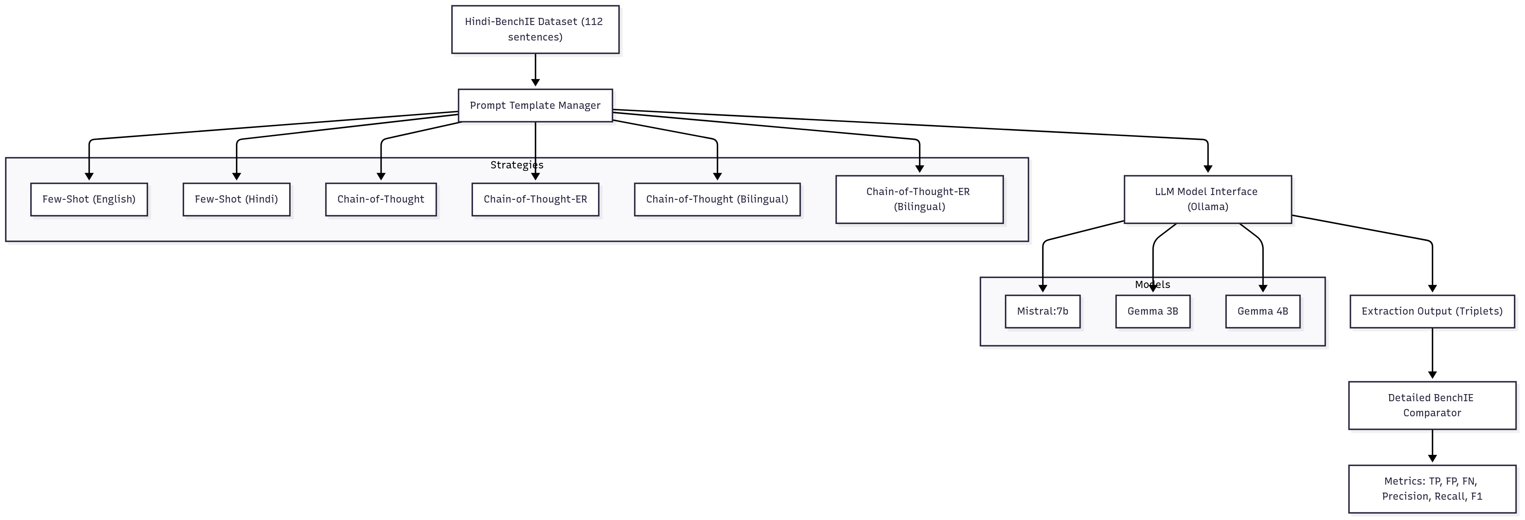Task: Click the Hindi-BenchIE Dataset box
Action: click(535, 30)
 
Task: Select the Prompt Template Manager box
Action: click(535, 105)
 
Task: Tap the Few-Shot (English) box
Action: click(89, 199)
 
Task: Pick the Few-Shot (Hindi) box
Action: click(236, 199)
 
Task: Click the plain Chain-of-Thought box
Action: click(381, 199)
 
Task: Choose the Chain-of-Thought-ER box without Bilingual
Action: click(535, 199)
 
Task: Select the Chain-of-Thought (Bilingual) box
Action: click(717, 199)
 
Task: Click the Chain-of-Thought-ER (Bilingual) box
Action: click(919, 199)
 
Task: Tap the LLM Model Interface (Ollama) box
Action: click(1207, 199)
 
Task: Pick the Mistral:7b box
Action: click(1042, 311)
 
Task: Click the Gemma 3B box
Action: click(1152, 311)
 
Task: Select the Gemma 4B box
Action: click(1262, 311)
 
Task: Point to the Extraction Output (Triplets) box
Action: click(1431, 311)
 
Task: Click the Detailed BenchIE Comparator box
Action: click(1431, 405)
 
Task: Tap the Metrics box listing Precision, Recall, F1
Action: click(1431, 489)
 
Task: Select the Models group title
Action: click(1152, 284)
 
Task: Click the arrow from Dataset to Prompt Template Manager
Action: click(535, 70)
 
